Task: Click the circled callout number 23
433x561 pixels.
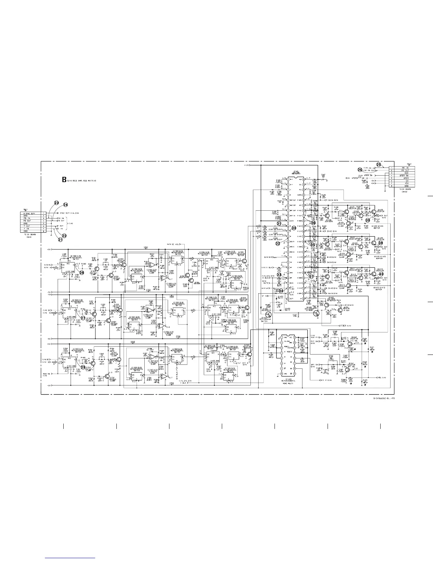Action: (x=56, y=203)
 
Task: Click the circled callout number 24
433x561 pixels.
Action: (x=65, y=205)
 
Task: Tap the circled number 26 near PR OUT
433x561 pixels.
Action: (x=360, y=170)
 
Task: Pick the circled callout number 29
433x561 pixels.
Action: (x=83, y=367)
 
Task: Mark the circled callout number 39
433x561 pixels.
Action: (x=368, y=220)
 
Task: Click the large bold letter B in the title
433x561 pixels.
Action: (x=64, y=180)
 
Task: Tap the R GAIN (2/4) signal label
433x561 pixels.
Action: (x=330, y=200)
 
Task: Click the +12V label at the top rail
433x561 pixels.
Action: (x=247, y=165)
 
